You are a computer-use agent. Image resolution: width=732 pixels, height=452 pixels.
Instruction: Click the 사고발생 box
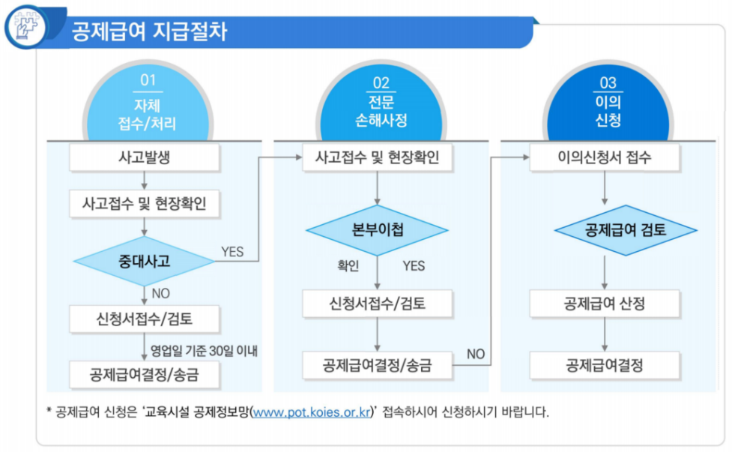pyautogui.click(x=144, y=158)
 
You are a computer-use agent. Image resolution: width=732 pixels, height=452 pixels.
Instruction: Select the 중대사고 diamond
pyautogui.click(x=144, y=262)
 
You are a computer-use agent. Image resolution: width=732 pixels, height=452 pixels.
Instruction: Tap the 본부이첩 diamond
pyautogui.click(x=377, y=230)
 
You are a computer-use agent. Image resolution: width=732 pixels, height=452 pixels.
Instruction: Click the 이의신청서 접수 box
pyautogui.click(x=605, y=158)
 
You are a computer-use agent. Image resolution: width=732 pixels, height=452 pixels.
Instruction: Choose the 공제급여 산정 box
pyautogui.click(x=605, y=304)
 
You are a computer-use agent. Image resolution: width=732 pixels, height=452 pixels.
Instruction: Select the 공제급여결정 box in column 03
pyautogui.click(x=605, y=365)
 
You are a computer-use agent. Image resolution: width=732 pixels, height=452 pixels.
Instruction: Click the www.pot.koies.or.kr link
pyautogui.click(x=312, y=412)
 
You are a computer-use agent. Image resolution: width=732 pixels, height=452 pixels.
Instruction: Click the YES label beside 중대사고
pyautogui.click(x=232, y=252)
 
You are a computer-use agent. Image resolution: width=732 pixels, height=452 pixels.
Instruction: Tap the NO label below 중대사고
pyautogui.click(x=161, y=292)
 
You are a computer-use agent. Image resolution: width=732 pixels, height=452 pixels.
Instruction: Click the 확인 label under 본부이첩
pyautogui.click(x=348, y=265)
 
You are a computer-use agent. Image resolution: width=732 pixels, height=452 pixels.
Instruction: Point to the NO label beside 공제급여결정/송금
pyautogui.click(x=475, y=353)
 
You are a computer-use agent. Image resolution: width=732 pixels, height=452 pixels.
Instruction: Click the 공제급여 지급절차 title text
pyautogui.click(x=149, y=32)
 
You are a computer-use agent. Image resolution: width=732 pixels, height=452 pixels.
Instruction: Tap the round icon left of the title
pyautogui.click(x=26, y=27)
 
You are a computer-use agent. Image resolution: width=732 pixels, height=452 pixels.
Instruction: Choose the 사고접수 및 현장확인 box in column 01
pyautogui.click(x=144, y=202)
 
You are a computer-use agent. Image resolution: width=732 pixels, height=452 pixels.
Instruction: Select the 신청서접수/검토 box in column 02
pyautogui.click(x=377, y=304)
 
